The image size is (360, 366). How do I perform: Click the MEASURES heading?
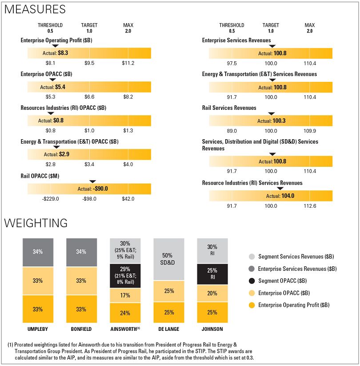pyautogui.click(x=35, y=9)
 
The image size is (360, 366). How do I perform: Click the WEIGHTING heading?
pyautogui.click(x=36, y=223)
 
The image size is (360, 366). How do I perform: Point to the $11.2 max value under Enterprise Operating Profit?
pyautogui.click(x=128, y=63)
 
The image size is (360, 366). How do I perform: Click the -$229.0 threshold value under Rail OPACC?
pyautogui.click(x=50, y=199)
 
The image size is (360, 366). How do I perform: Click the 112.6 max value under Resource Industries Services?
pyautogui.click(x=309, y=206)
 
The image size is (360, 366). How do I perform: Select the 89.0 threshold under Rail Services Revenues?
pyautogui.click(x=232, y=131)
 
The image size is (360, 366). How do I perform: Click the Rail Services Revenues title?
pyautogui.click(x=229, y=108)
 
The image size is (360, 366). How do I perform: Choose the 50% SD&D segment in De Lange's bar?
pyautogui.click(x=168, y=259)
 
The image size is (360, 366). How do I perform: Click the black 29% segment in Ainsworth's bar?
pyautogui.click(x=125, y=276)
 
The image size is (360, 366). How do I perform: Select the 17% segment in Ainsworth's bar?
pyautogui.click(x=125, y=295)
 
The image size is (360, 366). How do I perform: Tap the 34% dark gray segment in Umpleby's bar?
pyautogui.click(x=38, y=252)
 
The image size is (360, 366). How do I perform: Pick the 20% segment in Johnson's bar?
pyautogui.click(x=212, y=294)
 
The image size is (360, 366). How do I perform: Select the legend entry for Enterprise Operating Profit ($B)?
pyautogui.click(x=293, y=305)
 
